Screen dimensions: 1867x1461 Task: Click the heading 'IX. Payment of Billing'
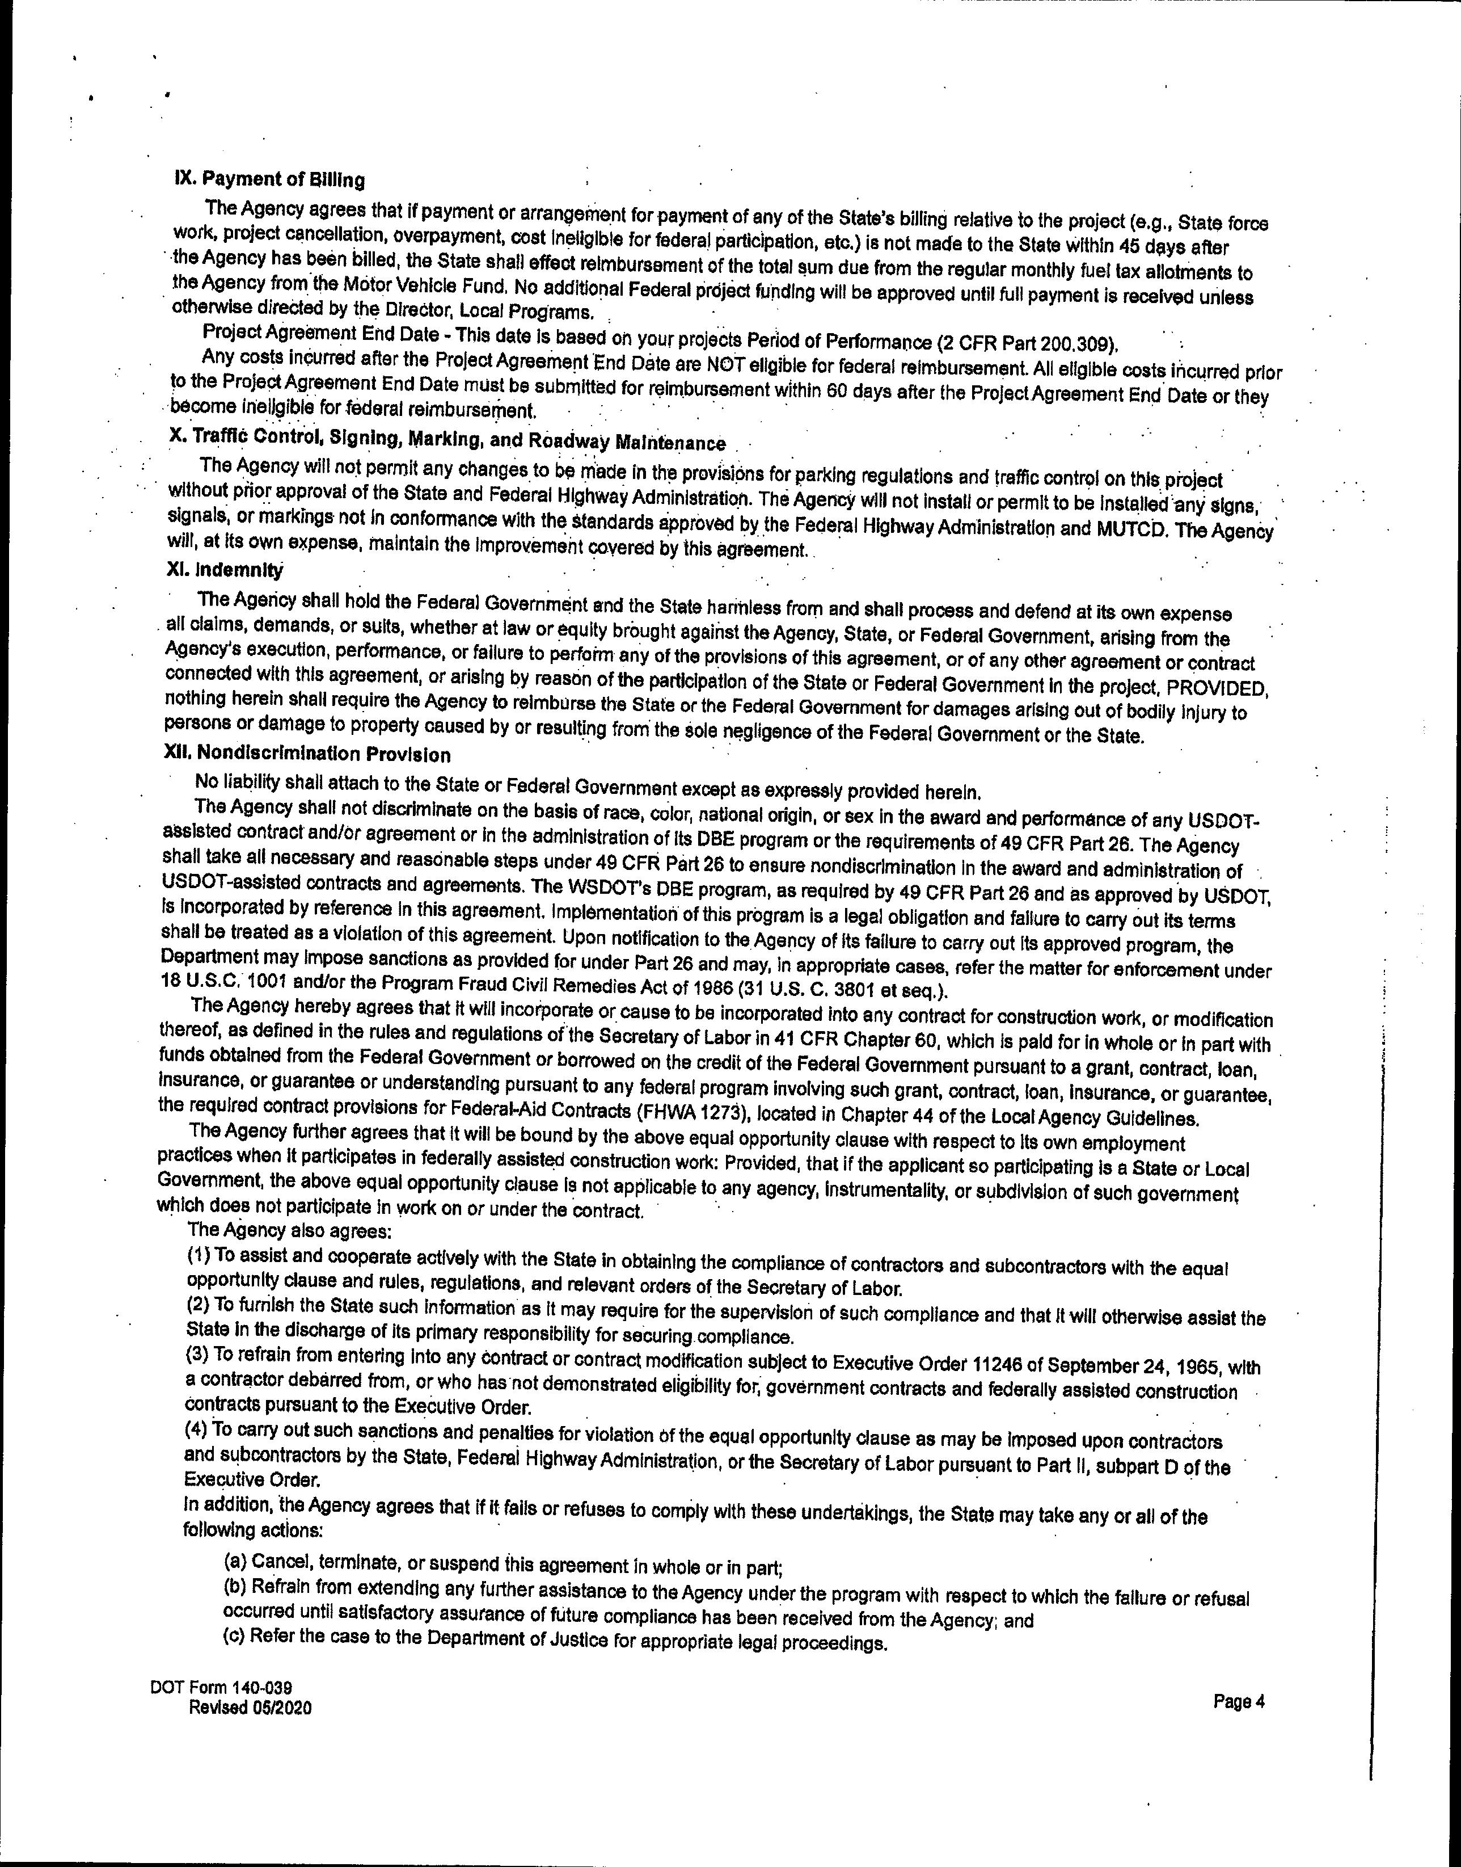[269, 180]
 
